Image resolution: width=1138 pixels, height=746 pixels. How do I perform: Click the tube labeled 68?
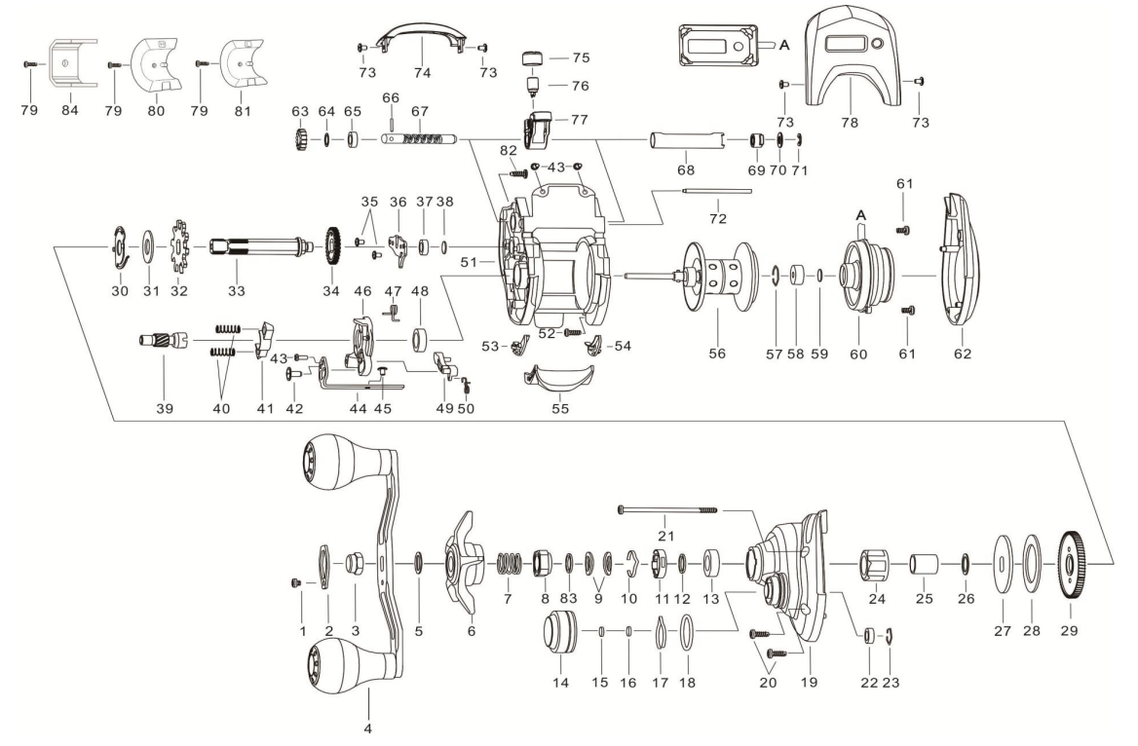click(x=685, y=142)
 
